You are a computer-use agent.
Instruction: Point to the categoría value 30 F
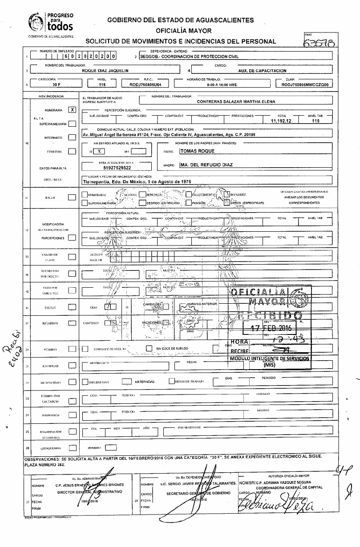point(56,84)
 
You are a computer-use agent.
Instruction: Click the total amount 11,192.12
point(283,121)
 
